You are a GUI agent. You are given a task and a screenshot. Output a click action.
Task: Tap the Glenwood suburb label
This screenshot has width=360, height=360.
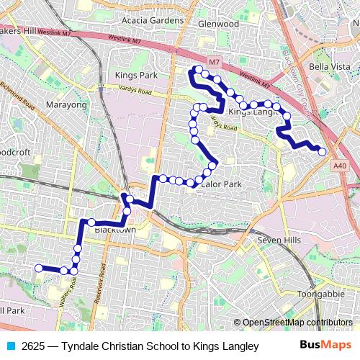tap(218, 24)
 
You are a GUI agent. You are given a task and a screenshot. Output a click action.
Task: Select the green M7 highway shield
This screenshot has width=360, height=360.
tap(213, 63)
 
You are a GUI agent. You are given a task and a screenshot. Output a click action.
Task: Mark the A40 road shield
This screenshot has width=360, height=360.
tap(341, 166)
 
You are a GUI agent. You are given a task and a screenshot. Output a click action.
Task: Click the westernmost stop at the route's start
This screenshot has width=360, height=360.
tap(39, 268)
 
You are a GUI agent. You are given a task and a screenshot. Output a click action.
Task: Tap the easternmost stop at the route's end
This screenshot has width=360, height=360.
tap(322, 151)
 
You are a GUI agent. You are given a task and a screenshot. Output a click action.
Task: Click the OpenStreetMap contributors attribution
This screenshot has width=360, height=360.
tap(296, 323)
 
